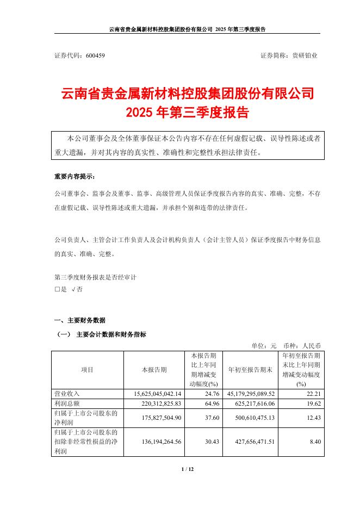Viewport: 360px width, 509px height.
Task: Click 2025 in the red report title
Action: click(x=140, y=113)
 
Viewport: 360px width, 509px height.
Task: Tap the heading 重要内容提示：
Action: click(x=78, y=177)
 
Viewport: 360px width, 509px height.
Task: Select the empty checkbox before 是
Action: click(x=57, y=290)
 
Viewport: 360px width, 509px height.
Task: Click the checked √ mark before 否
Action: click(x=73, y=290)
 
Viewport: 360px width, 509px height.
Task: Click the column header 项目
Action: click(x=87, y=370)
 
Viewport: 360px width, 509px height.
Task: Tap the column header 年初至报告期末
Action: click(x=249, y=370)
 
